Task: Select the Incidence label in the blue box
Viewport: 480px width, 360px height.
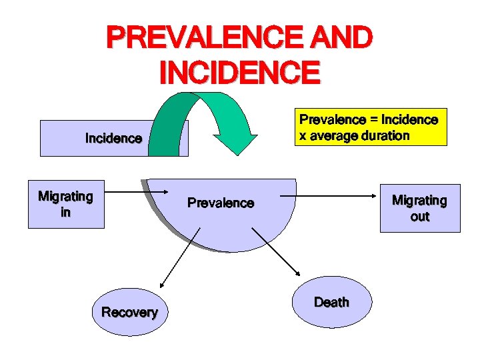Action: pyautogui.click(x=113, y=139)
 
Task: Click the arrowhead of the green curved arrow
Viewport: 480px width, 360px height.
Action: pyautogui.click(x=239, y=143)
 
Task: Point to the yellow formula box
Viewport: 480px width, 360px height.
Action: pyautogui.click(x=372, y=127)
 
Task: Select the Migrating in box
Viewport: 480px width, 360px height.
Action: pyautogui.click(x=65, y=205)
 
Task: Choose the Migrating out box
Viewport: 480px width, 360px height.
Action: pyautogui.click(x=420, y=208)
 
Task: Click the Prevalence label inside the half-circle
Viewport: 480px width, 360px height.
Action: pyautogui.click(x=221, y=203)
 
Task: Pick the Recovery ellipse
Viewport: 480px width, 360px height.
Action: pyautogui.click(x=130, y=312)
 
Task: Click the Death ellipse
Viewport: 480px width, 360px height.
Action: pyautogui.click(x=331, y=302)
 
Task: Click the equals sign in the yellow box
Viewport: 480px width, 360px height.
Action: pyautogui.click(x=373, y=121)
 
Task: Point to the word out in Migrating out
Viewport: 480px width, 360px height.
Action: pyautogui.click(x=420, y=217)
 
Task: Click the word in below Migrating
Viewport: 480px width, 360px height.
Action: pyautogui.click(x=65, y=213)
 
